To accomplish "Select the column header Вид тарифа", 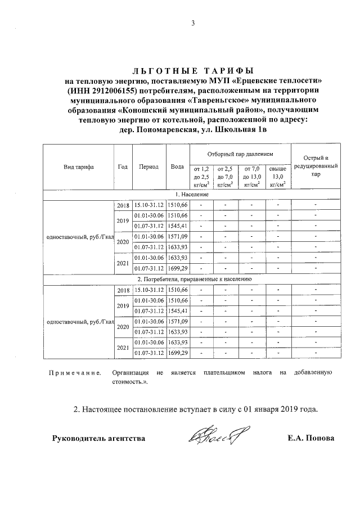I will pos(79,167).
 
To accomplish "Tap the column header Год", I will pos(123,167).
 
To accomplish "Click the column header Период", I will pos(149,167).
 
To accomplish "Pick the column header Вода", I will pos(177,167).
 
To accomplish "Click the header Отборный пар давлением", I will pos(240,154).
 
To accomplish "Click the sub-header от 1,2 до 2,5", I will pos(201,176).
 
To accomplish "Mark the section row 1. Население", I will pos(192,194).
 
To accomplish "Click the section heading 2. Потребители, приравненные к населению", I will pos(192,279).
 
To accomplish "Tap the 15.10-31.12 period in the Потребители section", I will pos(149,289).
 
